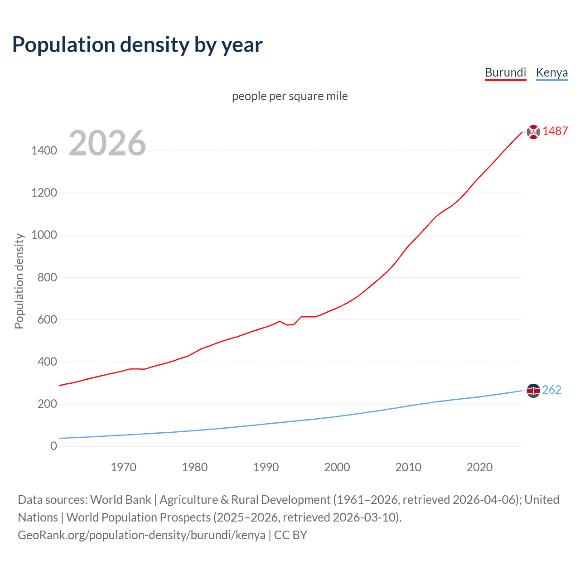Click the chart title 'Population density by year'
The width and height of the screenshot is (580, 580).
137,45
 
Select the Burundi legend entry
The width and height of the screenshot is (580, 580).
505,72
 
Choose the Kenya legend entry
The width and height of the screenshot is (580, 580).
551,72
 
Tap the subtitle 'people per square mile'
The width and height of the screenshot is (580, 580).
290,97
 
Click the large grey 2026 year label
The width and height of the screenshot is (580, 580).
107,143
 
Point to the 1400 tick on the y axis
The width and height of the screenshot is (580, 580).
44,151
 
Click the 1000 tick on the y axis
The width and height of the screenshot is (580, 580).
44,235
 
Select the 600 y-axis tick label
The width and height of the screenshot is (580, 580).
47,319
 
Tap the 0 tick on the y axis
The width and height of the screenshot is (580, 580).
54,446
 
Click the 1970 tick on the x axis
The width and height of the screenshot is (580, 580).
123,467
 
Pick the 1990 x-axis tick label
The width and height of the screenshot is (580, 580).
266,467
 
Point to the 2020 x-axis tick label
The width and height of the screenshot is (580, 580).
479,467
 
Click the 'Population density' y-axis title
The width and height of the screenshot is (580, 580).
19,281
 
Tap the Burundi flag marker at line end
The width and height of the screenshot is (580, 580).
533,132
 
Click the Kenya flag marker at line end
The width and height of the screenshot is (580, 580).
533,390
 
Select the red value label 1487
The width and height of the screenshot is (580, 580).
555,131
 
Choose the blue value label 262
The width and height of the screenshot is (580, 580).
551,390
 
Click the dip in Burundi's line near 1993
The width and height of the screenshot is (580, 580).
287,325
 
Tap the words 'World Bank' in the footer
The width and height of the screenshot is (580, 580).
121,500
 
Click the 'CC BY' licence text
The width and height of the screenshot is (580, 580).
290,535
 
